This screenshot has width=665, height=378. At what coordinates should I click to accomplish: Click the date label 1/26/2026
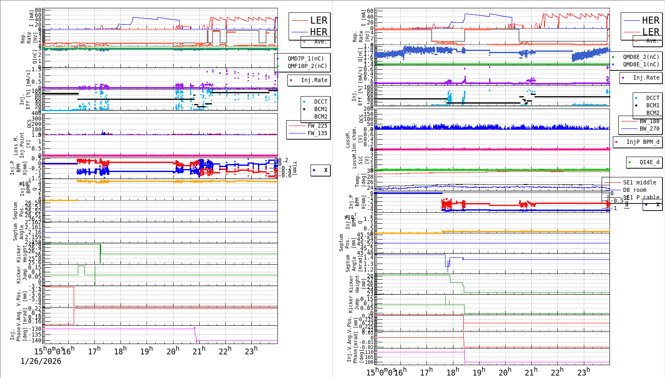[41, 361]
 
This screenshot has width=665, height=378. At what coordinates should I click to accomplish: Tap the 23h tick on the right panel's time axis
[583, 372]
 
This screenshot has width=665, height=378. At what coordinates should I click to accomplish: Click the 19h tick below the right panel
[479, 372]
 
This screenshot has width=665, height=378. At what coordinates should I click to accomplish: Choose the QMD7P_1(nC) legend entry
[306, 58]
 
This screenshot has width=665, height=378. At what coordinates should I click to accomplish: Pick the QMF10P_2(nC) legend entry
[307, 66]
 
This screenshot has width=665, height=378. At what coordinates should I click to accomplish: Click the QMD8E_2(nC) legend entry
[641, 57]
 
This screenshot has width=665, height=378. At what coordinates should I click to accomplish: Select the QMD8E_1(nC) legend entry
[641, 64]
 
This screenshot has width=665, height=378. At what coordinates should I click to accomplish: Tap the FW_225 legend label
[317, 126]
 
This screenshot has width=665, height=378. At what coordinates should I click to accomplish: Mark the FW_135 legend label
[317, 133]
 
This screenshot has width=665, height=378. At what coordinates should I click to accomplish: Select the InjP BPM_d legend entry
[643, 142]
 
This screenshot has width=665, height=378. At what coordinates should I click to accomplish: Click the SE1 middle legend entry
[639, 182]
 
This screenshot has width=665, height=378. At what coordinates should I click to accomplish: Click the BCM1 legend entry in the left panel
[320, 109]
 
